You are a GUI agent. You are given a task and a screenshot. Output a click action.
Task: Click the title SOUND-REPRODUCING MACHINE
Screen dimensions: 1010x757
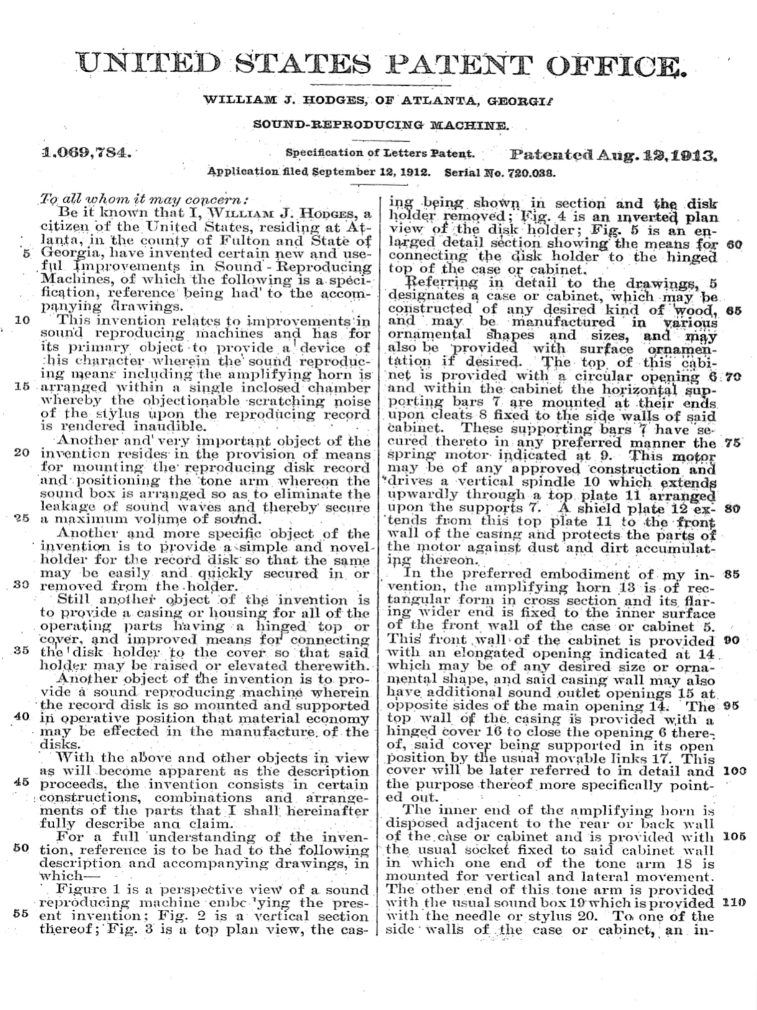[x=381, y=126]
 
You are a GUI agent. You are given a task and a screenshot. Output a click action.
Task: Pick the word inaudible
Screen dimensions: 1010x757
[x=166, y=428]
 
